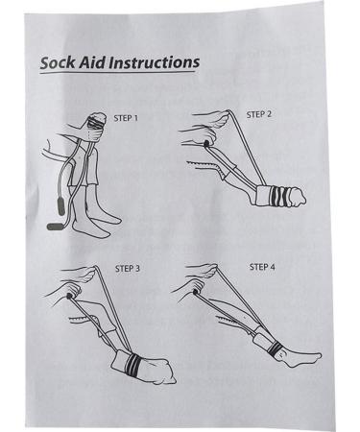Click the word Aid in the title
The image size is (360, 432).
[94, 62]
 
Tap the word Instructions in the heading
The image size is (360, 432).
[155, 62]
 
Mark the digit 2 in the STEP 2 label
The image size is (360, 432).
[270, 114]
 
